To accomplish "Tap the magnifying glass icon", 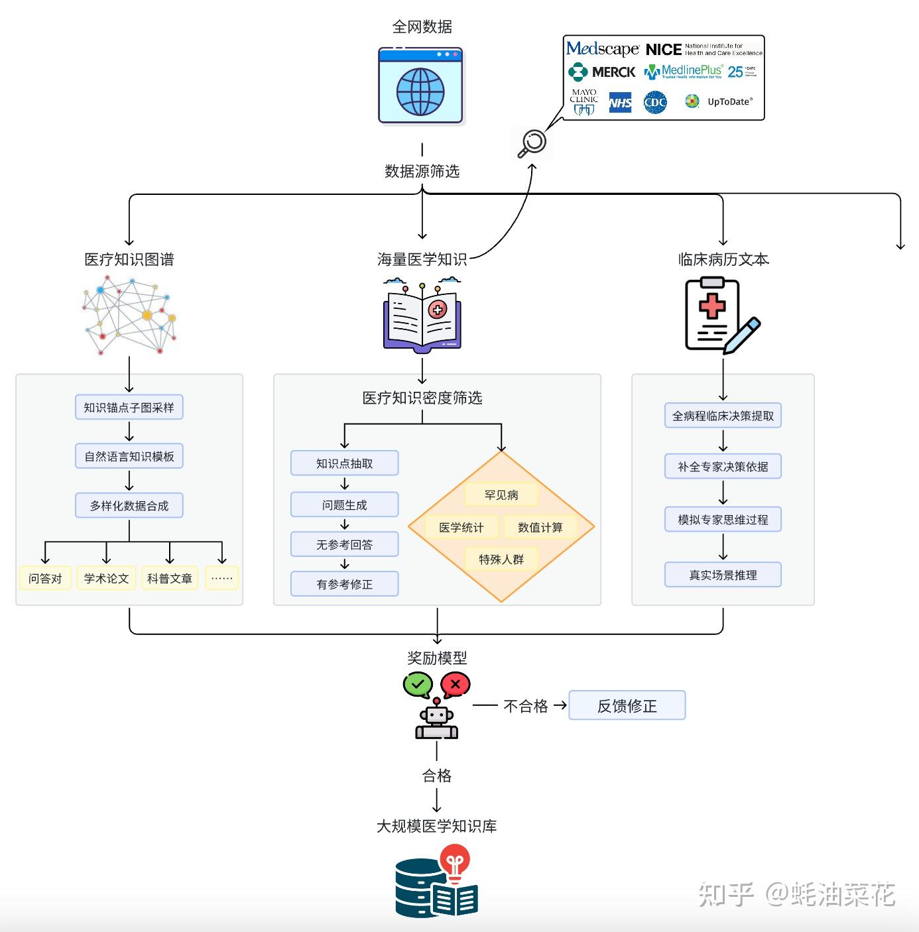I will click(x=532, y=143).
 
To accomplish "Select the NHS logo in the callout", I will click(x=620, y=102).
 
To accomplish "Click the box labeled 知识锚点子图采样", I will click(x=129, y=408).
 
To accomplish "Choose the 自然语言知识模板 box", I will click(x=129, y=456).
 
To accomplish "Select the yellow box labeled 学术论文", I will click(x=106, y=578).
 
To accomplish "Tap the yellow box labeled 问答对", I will click(x=45, y=578).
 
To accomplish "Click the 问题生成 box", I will click(x=344, y=504).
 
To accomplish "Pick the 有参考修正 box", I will click(x=344, y=584).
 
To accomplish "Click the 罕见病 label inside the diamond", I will click(x=501, y=495).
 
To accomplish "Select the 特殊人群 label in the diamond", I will click(x=501, y=559).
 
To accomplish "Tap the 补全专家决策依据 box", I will click(x=723, y=467).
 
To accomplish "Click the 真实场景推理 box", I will click(x=723, y=575).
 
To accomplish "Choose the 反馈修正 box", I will click(x=627, y=706).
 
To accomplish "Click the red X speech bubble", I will click(x=455, y=684).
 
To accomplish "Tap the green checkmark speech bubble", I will click(x=418, y=684).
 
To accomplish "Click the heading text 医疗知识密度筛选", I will click(x=422, y=398).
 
